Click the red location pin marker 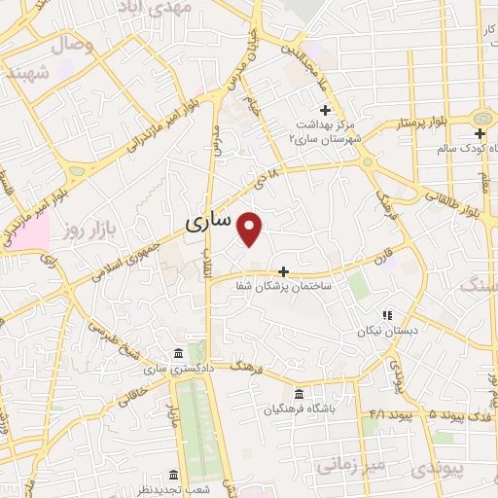pyautogui.click(x=251, y=229)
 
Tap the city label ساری pyautogui.click(x=208, y=222)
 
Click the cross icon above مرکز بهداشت pyautogui.click(x=325, y=110)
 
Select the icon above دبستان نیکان pyautogui.click(x=386, y=315)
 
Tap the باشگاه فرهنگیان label pyautogui.click(x=298, y=409)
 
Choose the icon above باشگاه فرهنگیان pyautogui.click(x=298, y=394)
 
